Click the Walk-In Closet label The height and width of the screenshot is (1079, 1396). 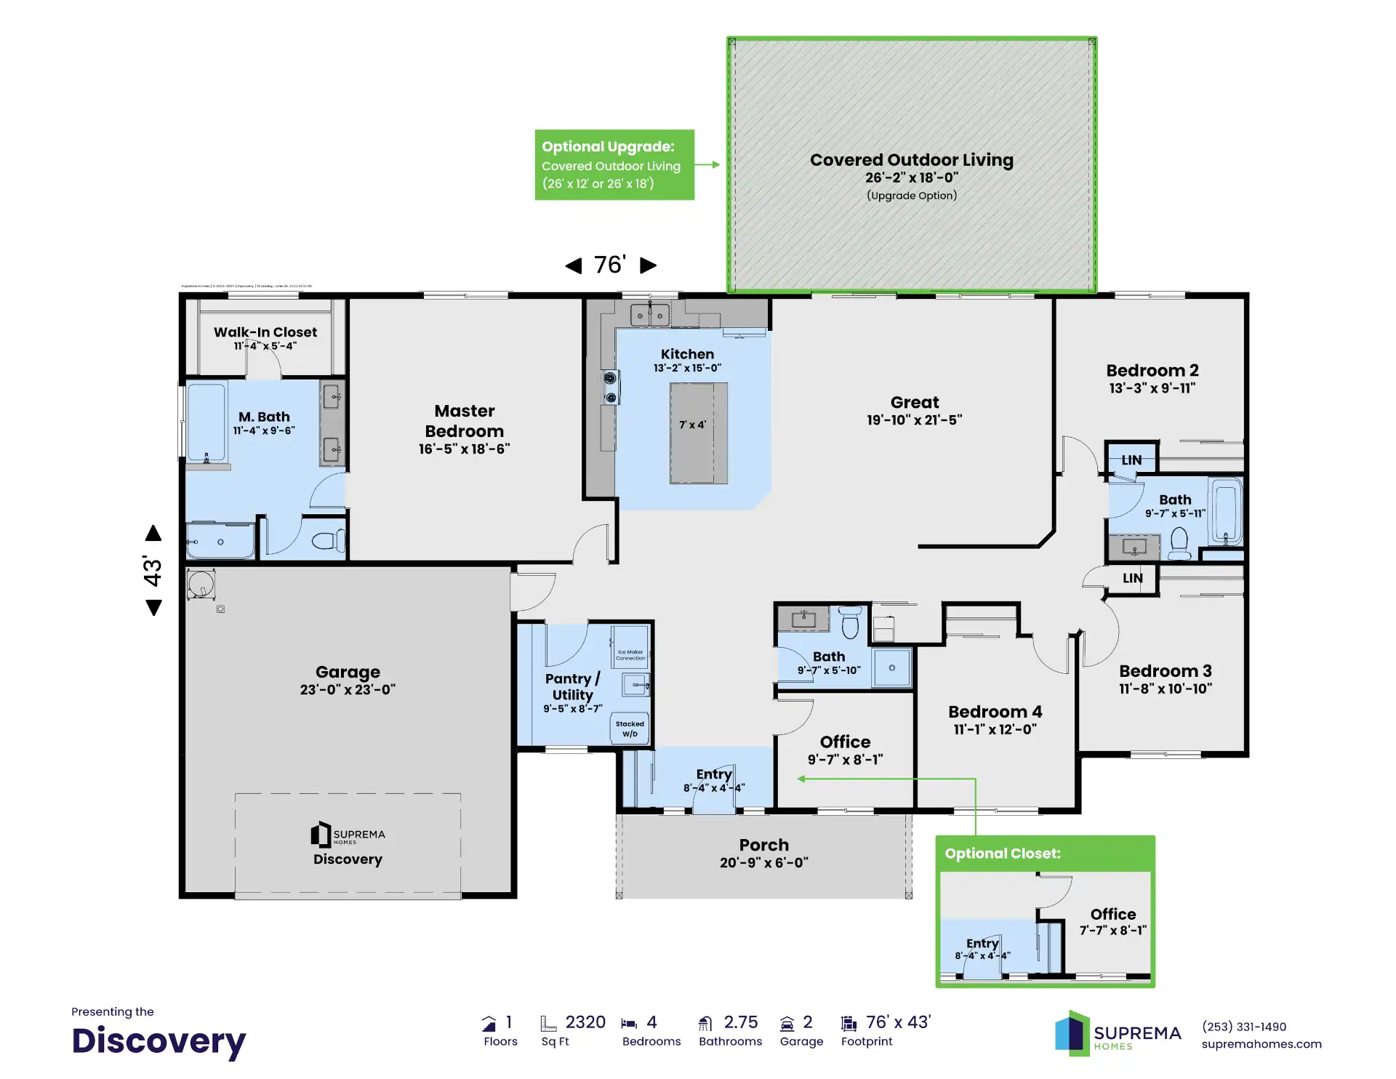(x=265, y=332)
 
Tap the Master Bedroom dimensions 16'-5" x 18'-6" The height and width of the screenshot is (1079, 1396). (x=464, y=449)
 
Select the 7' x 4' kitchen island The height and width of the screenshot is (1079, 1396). (x=698, y=433)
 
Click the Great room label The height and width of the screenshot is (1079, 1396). (x=914, y=402)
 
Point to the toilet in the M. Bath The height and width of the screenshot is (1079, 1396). (x=326, y=541)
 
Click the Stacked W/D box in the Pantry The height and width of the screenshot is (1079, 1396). (x=630, y=728)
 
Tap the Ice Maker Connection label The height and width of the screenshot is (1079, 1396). (x=630, y=654)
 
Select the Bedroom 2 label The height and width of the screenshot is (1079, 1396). (x=1152, y=371)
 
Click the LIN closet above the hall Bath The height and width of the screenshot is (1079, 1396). (x=1131, y=460)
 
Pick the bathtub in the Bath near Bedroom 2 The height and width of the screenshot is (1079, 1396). (x=1226, y=511)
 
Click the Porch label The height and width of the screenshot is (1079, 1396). (x=763, y=845)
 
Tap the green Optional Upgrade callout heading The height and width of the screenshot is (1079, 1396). (x=608, y=147)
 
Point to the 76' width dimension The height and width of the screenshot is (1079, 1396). (x=610, y=265)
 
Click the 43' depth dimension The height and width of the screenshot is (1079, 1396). (x=153, y=570)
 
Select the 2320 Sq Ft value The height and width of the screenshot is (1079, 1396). (x=585, y=1022)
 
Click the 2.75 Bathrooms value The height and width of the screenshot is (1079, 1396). (x=740, y=1022)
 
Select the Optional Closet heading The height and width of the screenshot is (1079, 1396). (x=1002, y=854)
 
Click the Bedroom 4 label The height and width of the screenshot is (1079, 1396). (x=995, y=712)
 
